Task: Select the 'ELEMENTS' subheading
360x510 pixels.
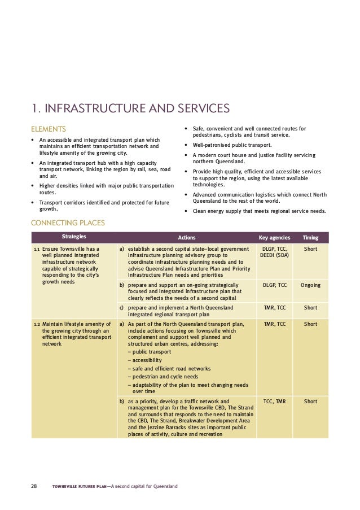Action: point(48,128)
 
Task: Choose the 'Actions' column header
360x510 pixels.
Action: point(187,238)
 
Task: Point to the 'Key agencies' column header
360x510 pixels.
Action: point(274,238)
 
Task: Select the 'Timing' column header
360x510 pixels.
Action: point(310,238)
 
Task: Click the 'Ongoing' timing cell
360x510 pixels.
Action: point(310,285)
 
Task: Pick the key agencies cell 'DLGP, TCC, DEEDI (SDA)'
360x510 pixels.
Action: point(274,252)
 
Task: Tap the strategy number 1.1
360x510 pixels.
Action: point(37,249)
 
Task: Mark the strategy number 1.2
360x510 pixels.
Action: point(37,324)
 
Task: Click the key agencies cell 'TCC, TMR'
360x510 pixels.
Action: point(274,402)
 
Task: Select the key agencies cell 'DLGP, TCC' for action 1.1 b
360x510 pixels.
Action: point(274,285)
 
